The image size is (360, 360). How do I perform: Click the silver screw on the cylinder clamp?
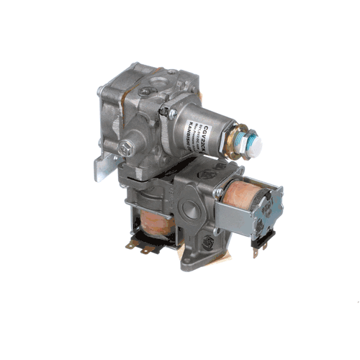click(x=164, y=113)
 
